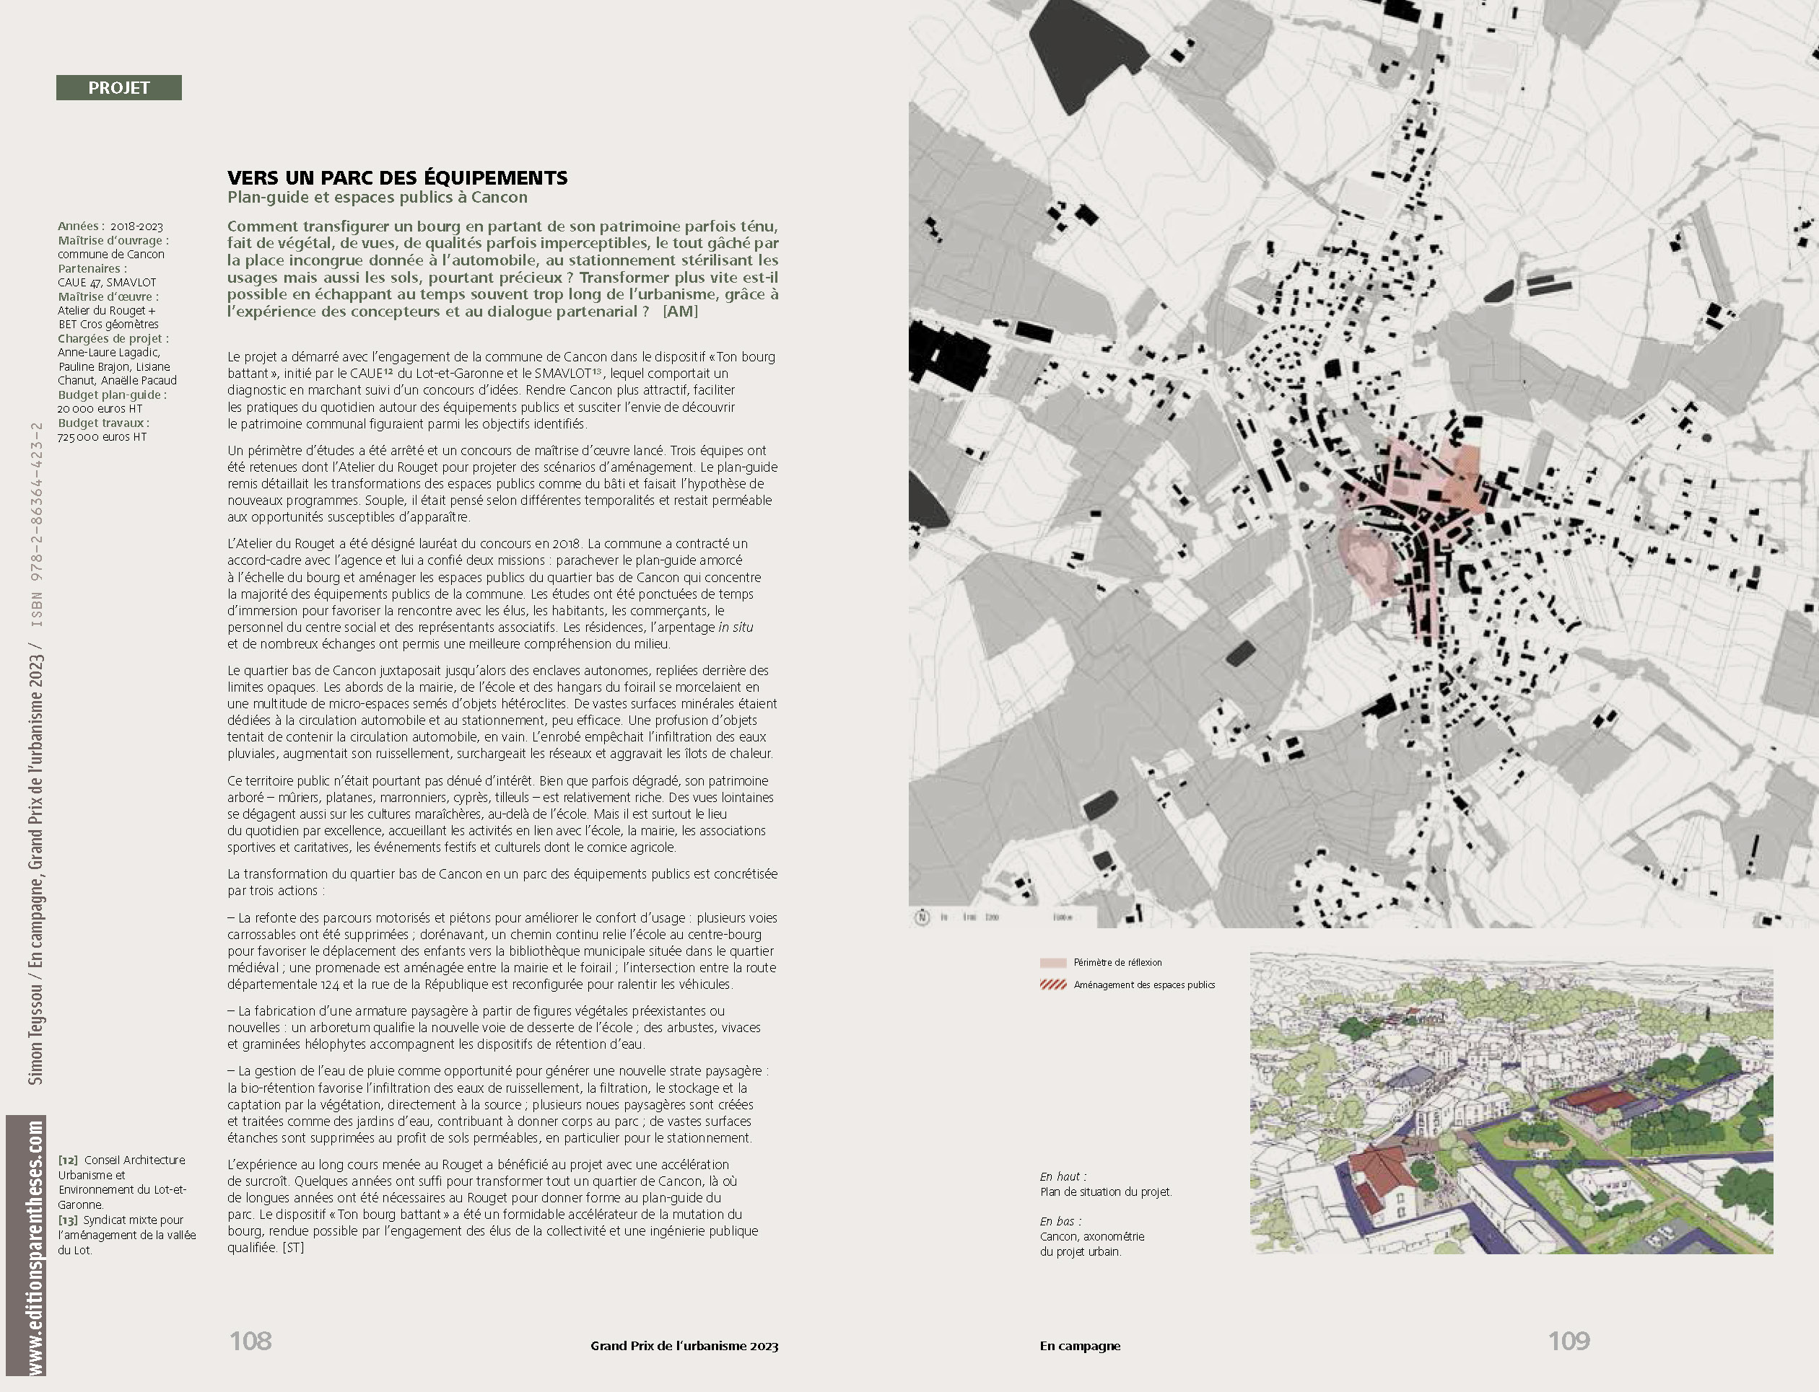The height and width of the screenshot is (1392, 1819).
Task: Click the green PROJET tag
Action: (x=118, y=88)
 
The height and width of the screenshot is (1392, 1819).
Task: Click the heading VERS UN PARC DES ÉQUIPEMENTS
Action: (x=397, y=177)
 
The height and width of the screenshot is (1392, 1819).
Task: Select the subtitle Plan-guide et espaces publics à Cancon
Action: (x=378, y=197)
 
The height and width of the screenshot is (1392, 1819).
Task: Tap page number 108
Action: (x=250, y=1341)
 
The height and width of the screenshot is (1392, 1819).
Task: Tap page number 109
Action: (x=1569, y=1341)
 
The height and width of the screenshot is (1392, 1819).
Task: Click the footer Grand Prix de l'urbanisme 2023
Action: (x=684, y=1346)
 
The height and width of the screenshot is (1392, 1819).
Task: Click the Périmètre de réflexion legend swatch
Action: (x=1053, y=963)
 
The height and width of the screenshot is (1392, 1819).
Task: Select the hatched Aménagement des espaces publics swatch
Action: (x=1053, y=985)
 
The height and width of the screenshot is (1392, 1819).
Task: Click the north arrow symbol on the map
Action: (x=922, y=917)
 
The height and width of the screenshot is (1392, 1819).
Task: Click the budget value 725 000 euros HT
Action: (x=101, y=436)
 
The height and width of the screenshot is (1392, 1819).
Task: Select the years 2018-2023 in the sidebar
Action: (x=137, y=226)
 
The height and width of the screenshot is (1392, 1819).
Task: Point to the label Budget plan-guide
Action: (x=112, y=395)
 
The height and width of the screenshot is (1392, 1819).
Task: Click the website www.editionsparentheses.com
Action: (x=35, y=1248)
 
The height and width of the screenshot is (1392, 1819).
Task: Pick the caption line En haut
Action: (x=1062, y=1176)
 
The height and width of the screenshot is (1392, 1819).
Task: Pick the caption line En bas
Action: (x=1060, y=1221)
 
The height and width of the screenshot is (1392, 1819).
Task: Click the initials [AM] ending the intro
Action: (x=680, y=312)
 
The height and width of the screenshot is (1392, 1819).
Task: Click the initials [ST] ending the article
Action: (x=292, y=1247)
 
